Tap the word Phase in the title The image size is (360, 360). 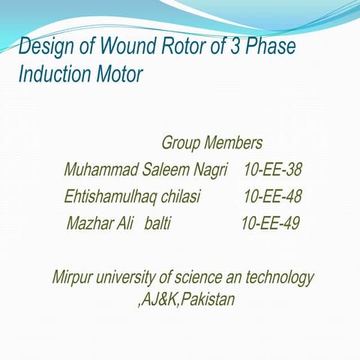(269, 47)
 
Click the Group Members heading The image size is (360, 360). (211, 142)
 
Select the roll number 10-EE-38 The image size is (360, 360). (272, 170)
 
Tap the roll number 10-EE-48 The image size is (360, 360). (272, 196)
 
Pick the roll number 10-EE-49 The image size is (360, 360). (270, 223)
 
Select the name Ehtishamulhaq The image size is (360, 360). (109, 196)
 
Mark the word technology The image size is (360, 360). (278, 277)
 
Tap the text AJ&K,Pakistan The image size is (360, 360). (186, 300)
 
